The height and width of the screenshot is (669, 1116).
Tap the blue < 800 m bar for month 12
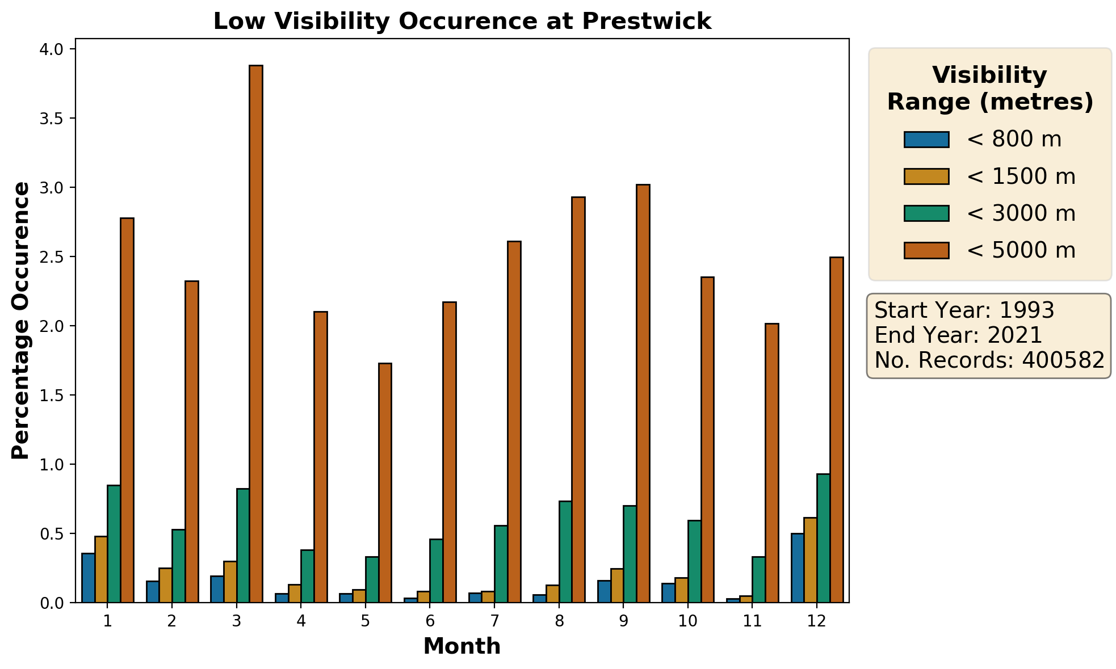pos(798,567)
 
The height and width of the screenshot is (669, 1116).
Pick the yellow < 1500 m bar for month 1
pos(101,569)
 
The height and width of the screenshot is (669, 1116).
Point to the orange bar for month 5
pos(385,482)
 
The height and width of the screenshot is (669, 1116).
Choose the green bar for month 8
pos(565,552)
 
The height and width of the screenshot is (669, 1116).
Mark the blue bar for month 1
pos(88,578)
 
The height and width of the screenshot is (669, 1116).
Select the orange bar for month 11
pos(772,462)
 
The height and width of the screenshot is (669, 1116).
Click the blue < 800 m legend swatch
pos(926,140)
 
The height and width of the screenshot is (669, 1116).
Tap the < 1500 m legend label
pos(1021,176)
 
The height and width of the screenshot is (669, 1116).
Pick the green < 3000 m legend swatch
pos(926,213)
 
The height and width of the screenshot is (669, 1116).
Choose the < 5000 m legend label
pos(1021,250)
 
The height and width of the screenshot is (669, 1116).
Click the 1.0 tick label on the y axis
pos(52,465)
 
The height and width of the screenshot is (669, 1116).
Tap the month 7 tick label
pos(494,621)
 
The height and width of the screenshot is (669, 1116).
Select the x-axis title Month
pos(462,646)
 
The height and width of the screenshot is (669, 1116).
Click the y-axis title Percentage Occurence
pos(20,321)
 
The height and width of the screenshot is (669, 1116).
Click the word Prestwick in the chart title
pos(646,22)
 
